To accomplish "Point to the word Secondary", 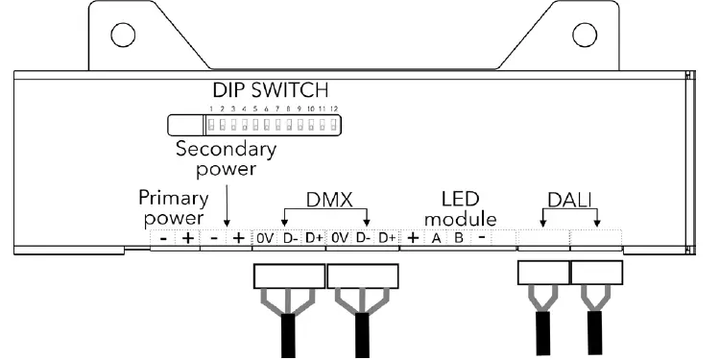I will pyautogui.click(x=225, y=151).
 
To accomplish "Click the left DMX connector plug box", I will pyautogui.click(x=288, y=277).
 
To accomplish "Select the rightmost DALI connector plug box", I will pyautogui.click(x=596, y=275).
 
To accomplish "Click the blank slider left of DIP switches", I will pyautogui.click(x=185, y=126).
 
